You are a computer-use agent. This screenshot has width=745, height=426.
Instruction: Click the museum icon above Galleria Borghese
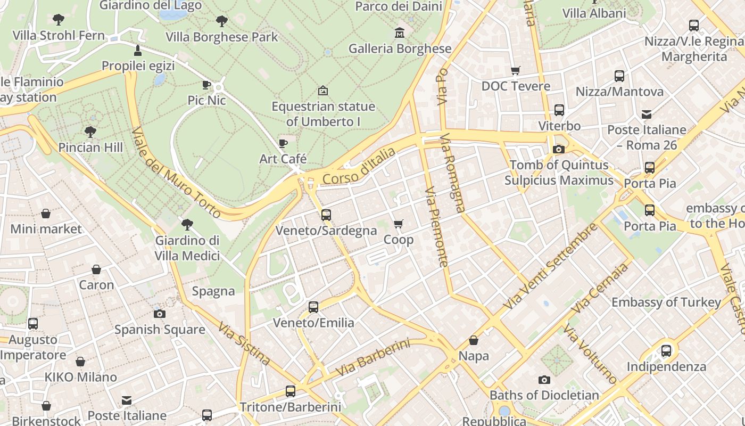399,33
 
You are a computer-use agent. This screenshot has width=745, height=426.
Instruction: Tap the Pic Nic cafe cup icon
206,85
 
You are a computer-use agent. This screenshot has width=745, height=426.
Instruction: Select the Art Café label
283,159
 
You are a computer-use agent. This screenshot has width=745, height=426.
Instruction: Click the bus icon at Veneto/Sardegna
326,215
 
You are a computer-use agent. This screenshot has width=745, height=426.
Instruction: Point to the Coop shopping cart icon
398,224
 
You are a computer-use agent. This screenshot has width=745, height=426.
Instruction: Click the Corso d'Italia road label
359,167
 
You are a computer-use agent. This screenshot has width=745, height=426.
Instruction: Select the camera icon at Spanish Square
159,314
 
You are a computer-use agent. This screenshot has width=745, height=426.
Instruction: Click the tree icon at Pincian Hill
90,132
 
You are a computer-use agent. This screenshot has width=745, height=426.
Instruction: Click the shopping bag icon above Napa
474,340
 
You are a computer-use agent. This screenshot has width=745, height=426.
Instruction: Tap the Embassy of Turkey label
666,302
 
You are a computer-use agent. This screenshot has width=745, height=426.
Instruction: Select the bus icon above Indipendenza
666,351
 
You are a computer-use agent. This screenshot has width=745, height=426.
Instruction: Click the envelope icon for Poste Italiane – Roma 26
647,114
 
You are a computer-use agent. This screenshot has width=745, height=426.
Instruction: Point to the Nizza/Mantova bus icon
619,76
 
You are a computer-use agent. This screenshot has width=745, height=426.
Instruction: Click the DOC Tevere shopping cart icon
515,70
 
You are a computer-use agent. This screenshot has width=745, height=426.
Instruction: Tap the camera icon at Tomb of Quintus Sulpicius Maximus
559,150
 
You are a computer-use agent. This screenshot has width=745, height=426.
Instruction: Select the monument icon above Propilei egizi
138,51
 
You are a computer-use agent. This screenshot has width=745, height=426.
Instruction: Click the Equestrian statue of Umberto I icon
322,91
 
